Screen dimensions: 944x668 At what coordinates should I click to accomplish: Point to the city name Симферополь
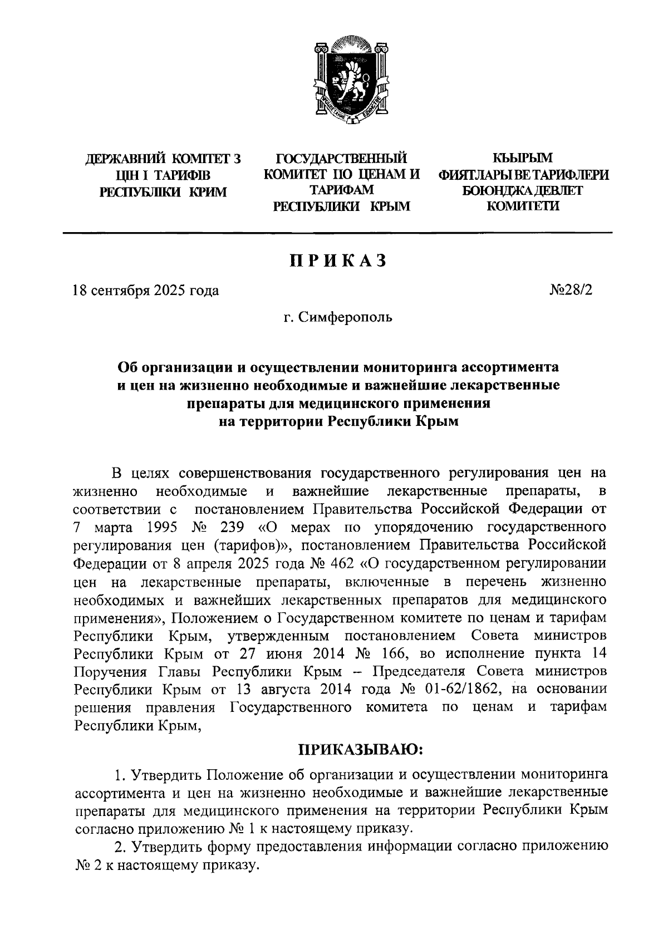(x=345, y=318)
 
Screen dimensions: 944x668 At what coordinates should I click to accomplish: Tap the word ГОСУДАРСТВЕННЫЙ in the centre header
(x=341, y=159)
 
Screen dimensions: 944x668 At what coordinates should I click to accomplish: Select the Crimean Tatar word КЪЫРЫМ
(x=523, y=159)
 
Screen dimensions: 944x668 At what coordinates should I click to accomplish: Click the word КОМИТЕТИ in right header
(x=523, y=206)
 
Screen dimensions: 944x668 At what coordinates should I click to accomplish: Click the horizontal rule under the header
(x=337, y=232)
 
